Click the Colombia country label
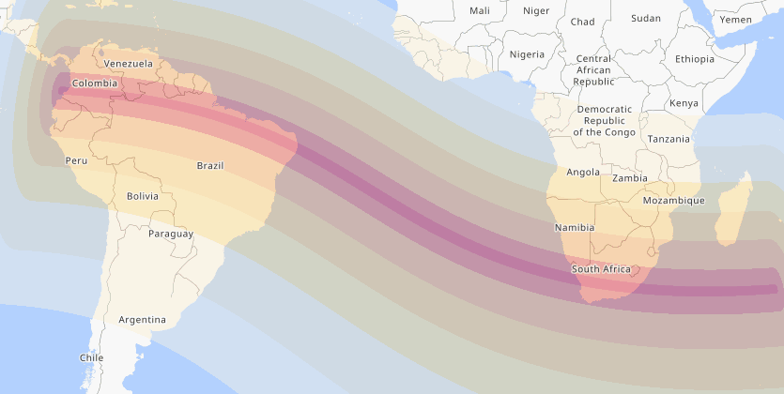point(95,83)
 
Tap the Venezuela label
point(128,63)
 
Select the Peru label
point(76,160)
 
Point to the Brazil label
point(210,166)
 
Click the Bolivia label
point(143,196)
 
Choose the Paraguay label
point(171,234)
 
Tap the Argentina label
point(142,320)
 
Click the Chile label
point(91,357)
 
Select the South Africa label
point(601,269)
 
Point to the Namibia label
point(574,227)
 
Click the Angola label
point(583,172)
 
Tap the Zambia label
point(629,178)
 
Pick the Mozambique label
point(673,201)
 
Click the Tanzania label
point(669,139)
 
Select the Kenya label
point(684,103)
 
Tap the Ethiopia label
point(694,59)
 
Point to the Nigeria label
point(527,53)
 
